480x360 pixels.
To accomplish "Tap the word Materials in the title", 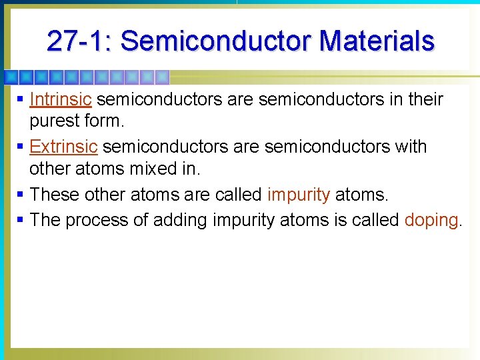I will tap(377, 41).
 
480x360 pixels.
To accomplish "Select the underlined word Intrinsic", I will tap(60, 99).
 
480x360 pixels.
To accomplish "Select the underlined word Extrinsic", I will tap(64, 147).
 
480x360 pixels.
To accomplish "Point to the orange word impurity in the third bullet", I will tap(298, 195).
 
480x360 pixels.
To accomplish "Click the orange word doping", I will tap(431, 220).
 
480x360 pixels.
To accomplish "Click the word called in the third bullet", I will tap(237, 195).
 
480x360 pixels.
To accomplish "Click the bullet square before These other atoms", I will tap(21, 195).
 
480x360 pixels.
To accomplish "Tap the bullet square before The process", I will tap(21, 220).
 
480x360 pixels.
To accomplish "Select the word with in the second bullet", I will tap(408, 147).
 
